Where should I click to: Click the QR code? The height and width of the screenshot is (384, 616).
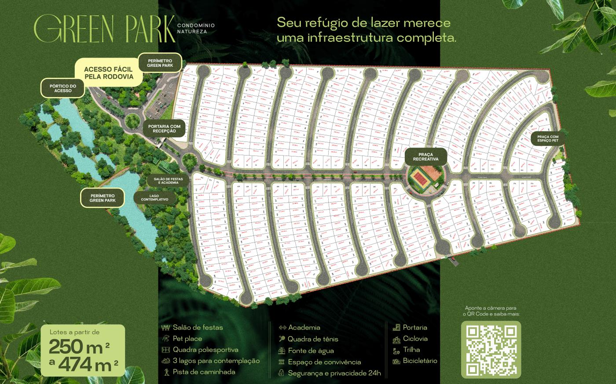(491, 349)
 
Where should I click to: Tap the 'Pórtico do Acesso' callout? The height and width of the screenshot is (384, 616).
(63, 88)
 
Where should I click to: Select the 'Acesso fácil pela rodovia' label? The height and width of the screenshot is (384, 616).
(109, 72)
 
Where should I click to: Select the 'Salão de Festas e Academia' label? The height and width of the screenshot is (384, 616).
(166, 181)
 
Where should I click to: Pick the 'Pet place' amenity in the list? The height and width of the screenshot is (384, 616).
(187, 339)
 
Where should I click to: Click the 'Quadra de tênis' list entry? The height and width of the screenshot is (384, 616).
(312, 339)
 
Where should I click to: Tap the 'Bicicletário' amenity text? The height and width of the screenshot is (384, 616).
(420, 361)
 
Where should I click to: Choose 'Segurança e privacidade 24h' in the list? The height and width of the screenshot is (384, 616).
(334, 373)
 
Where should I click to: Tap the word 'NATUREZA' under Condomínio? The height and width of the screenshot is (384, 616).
(192, 32)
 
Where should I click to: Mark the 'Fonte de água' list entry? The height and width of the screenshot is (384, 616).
(310, 351)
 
